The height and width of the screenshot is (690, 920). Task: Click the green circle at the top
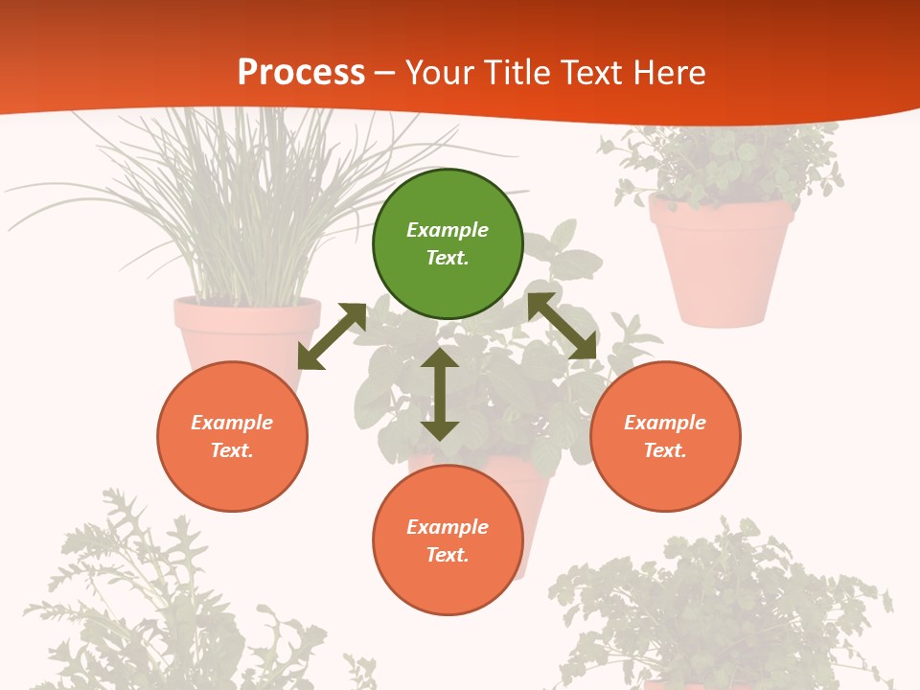click(448, 244)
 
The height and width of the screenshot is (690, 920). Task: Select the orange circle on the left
click(232, 436)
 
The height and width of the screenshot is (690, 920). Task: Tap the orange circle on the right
click(665, 436)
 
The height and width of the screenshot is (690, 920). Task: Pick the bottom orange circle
click(448, 540)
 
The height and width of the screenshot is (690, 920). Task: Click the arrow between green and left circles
click(332, 336)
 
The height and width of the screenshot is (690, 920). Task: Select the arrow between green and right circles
click(562, 326)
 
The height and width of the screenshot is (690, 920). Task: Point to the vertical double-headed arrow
click(440, 394)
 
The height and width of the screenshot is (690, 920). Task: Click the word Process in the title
click(301, 73)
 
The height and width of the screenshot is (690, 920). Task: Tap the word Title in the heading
click(517, 73)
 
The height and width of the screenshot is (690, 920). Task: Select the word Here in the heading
click(668, 73)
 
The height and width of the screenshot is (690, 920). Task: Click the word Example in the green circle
click(448, 230)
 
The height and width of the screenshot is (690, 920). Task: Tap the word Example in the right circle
click(665, 423)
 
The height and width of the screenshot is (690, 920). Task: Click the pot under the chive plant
click(246, 331)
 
